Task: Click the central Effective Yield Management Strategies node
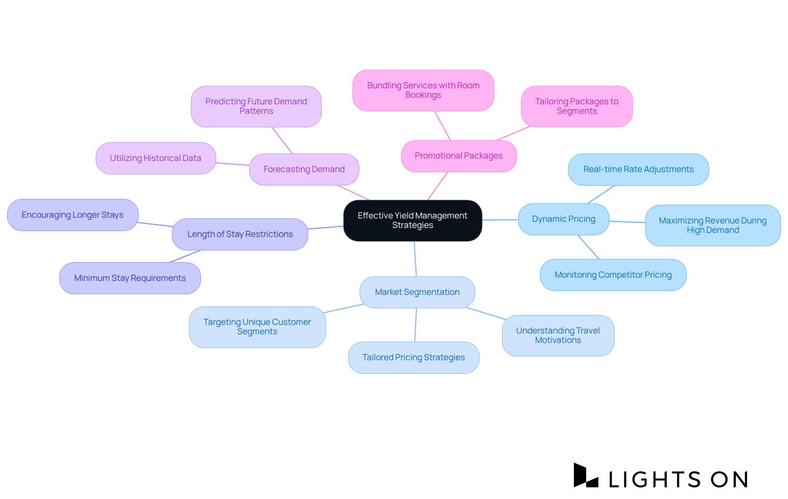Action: [x=412, y=221]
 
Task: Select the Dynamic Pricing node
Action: [x=564, y=219]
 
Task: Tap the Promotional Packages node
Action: [x=458, y=156]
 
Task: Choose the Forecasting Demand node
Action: [x=304, y=169]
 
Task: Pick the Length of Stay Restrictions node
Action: [x=240, y=234]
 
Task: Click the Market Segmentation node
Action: [x=417, y=292]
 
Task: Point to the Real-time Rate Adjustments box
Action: [x=638, y=169]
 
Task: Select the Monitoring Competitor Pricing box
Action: [x=613, y=275]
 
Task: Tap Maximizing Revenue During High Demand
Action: [x=712, y=225]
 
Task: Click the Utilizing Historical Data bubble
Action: [x=156, y=158]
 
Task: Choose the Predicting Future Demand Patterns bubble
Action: [x=256, y=106]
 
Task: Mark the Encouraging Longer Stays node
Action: [x=73, y=215]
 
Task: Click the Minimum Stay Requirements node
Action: [x=130, y=278]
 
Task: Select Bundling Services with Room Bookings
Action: [x=423, y=90]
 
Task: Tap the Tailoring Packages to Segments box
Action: [x=577, y=106]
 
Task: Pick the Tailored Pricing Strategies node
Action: [x=413, y=357]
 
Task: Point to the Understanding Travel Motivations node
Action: [x=558, y=336]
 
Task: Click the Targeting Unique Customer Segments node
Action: [x=257, y=327]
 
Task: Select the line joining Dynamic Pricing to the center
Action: [x=500, y=220]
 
